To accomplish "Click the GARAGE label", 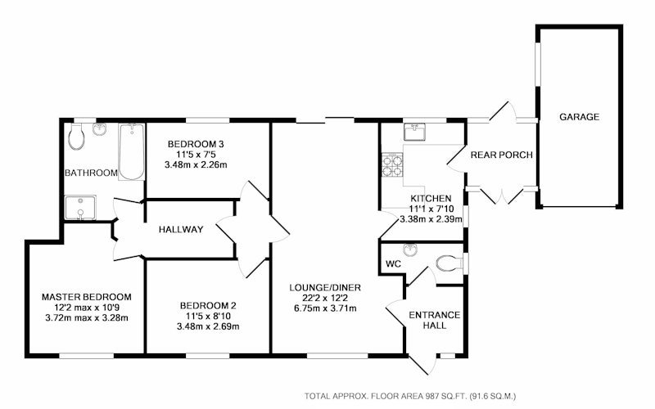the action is coord(579,117).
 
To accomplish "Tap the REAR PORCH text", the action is coord(502,155).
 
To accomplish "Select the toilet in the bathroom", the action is coord(76,136).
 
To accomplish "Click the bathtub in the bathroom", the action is coord(132,152).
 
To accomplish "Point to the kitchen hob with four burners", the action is coord(392,165).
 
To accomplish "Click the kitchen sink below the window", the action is coord(414,132).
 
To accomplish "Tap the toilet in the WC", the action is coord(449,263).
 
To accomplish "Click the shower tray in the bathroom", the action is coord(80,207).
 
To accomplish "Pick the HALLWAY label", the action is coord(181,229).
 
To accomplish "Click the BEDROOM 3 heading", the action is coord(196,145).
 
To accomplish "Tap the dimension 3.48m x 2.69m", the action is coord(208,326).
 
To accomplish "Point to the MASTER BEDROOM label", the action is coord(87,297).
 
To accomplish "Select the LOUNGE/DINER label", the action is coord(325,288).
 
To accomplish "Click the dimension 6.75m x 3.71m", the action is coord(325,308).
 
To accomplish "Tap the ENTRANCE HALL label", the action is coord(435,320).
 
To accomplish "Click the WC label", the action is coord(393,264).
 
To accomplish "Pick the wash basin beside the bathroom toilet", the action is coord(99,129).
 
